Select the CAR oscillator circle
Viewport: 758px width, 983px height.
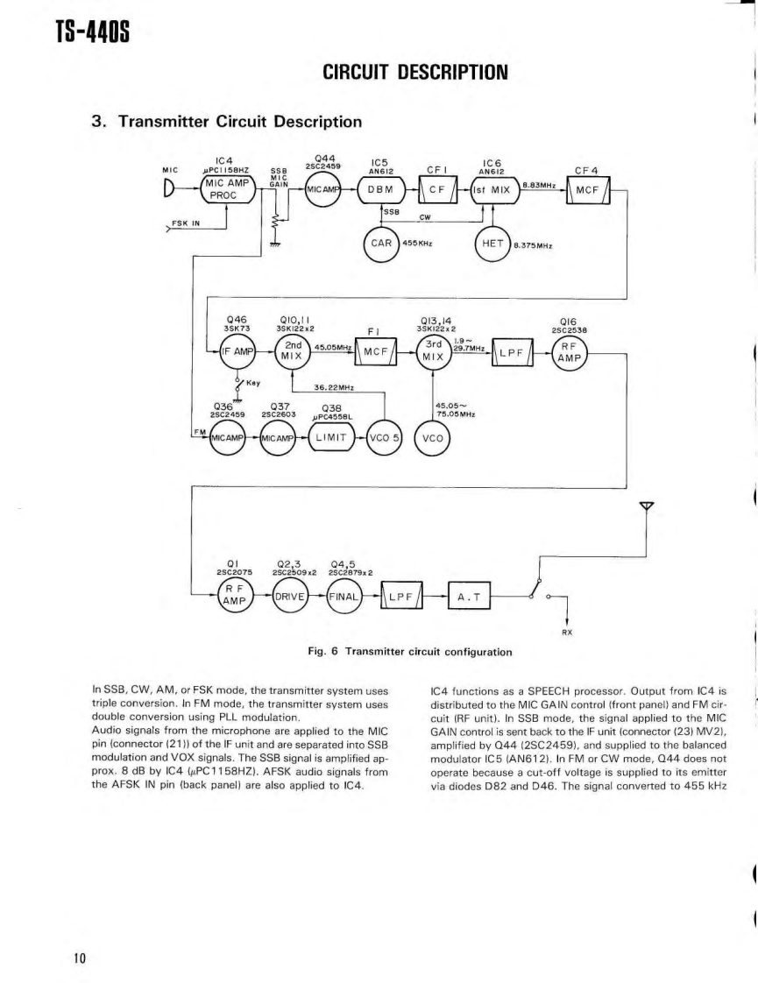coord(379,243)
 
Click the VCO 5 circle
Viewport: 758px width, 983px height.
coord(385,435)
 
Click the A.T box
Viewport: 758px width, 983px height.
coord(471,599)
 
